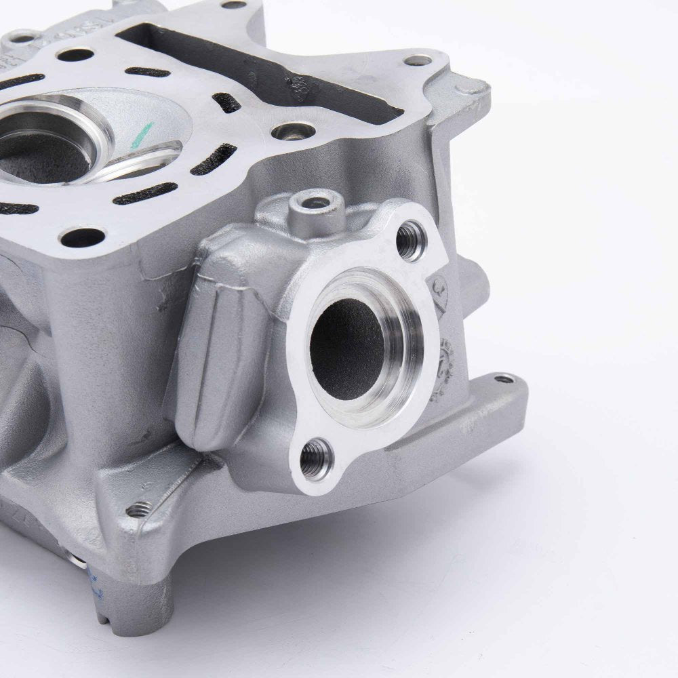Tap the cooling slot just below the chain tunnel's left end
148,71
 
